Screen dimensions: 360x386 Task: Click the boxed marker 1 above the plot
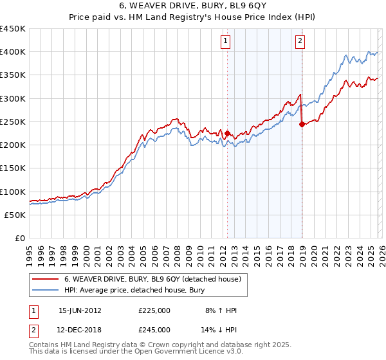point(226,42)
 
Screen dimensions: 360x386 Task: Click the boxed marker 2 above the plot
point(300,42)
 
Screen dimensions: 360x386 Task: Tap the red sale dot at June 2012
point(227,133)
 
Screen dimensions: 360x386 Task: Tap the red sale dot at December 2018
point(301,124)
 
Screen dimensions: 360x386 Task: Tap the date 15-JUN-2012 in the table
point(80,310)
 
